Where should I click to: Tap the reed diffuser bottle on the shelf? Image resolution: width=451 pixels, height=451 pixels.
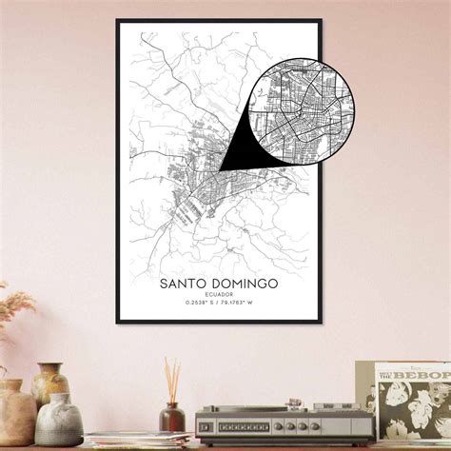(172, 417)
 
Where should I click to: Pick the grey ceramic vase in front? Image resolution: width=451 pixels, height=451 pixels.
(59, 421)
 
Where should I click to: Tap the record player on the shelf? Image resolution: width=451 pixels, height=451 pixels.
(284, 422)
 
